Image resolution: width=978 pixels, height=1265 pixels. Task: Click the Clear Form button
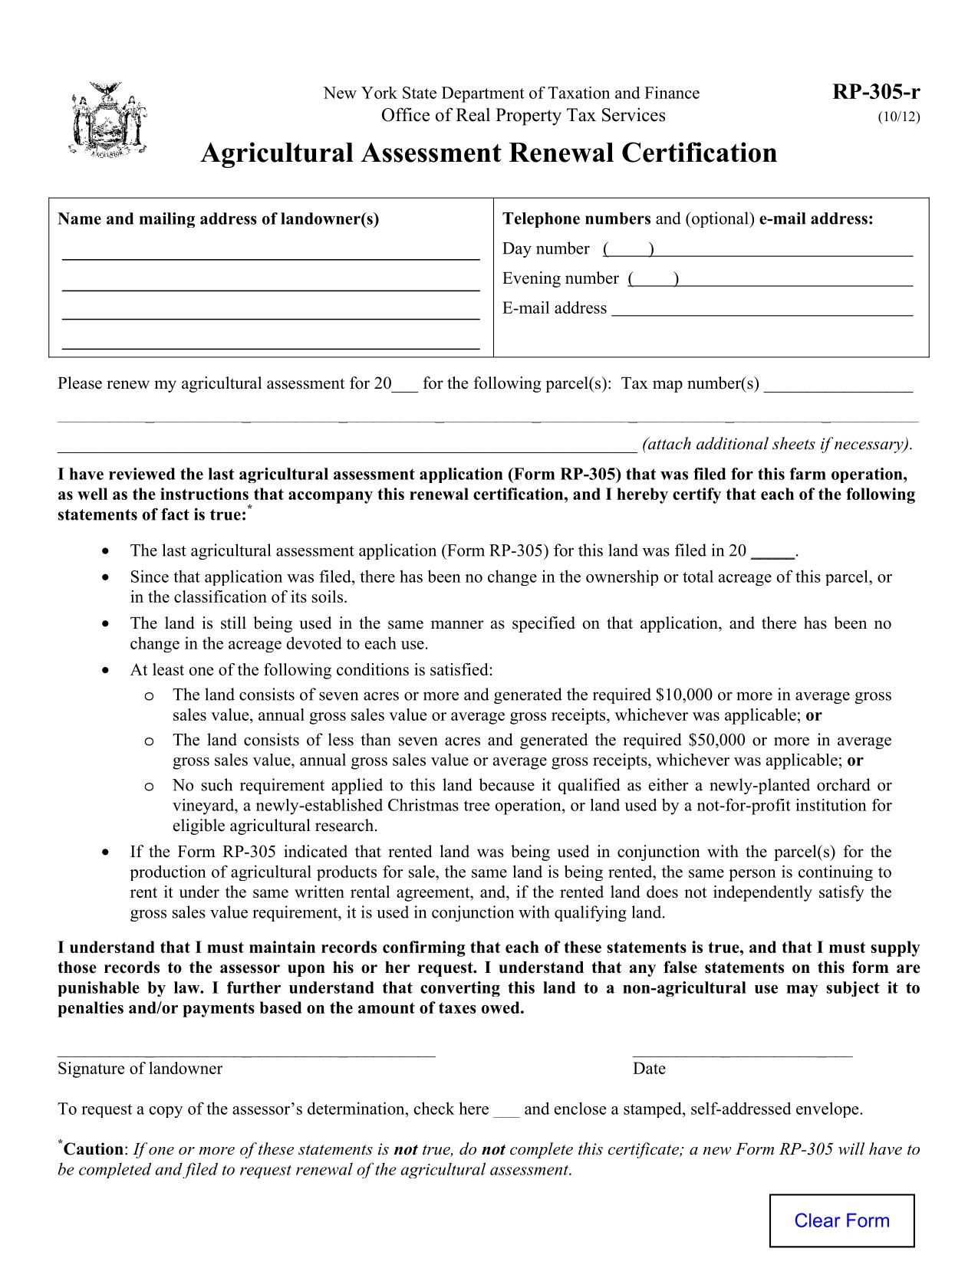point(841,1221)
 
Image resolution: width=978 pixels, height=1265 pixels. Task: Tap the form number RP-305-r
point(876,93)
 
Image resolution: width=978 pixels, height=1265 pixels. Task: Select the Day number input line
point(782,249)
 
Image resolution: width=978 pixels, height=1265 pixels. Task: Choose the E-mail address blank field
point(762,309)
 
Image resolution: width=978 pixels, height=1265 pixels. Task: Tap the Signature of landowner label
point(140,1069)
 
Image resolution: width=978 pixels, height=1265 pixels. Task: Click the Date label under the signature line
point(649,1069)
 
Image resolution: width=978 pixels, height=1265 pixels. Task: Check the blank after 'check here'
point(506,1110)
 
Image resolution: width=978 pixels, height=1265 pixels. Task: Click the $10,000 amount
point(684,695)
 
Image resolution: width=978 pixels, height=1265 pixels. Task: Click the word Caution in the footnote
point(93,1149)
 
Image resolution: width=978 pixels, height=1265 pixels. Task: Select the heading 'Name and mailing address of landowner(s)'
point(219,219)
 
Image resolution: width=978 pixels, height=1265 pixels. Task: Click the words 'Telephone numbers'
point(576,219)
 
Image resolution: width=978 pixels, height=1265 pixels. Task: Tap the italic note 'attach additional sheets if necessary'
point(777,445)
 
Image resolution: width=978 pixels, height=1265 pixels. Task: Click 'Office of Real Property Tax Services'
point(523,116)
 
